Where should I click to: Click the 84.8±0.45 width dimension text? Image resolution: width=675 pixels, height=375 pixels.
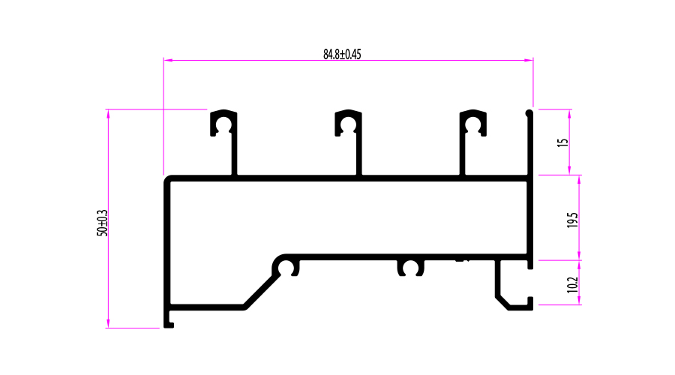(x=342, y=54)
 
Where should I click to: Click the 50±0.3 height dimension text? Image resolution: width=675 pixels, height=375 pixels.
(x=103, y=223)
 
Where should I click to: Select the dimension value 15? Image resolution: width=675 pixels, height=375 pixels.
(x=563, y=141)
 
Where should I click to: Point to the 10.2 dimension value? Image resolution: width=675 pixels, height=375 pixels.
(x=572, y=285)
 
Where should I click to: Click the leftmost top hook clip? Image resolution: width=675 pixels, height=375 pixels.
(x=223, y=122)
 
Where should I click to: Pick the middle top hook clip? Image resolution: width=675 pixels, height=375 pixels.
(x=348, y=122)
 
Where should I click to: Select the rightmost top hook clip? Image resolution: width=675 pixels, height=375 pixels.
(x=472, y=122)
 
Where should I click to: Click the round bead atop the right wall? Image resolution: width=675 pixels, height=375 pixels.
(x=529, y=113)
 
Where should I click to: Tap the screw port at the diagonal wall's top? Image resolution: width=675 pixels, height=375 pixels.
(x=286, y=267)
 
